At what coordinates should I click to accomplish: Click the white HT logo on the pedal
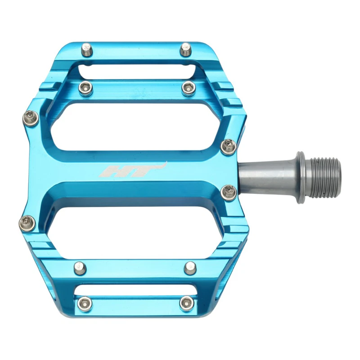[x=133, y=170]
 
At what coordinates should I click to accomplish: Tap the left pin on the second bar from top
[x=85, y=87]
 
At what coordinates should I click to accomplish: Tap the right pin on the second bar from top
[x=189, y=87]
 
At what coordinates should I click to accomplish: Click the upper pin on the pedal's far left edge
[x=31, y=118]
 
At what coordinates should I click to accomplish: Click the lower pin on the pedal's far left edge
[x=27, y=222]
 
